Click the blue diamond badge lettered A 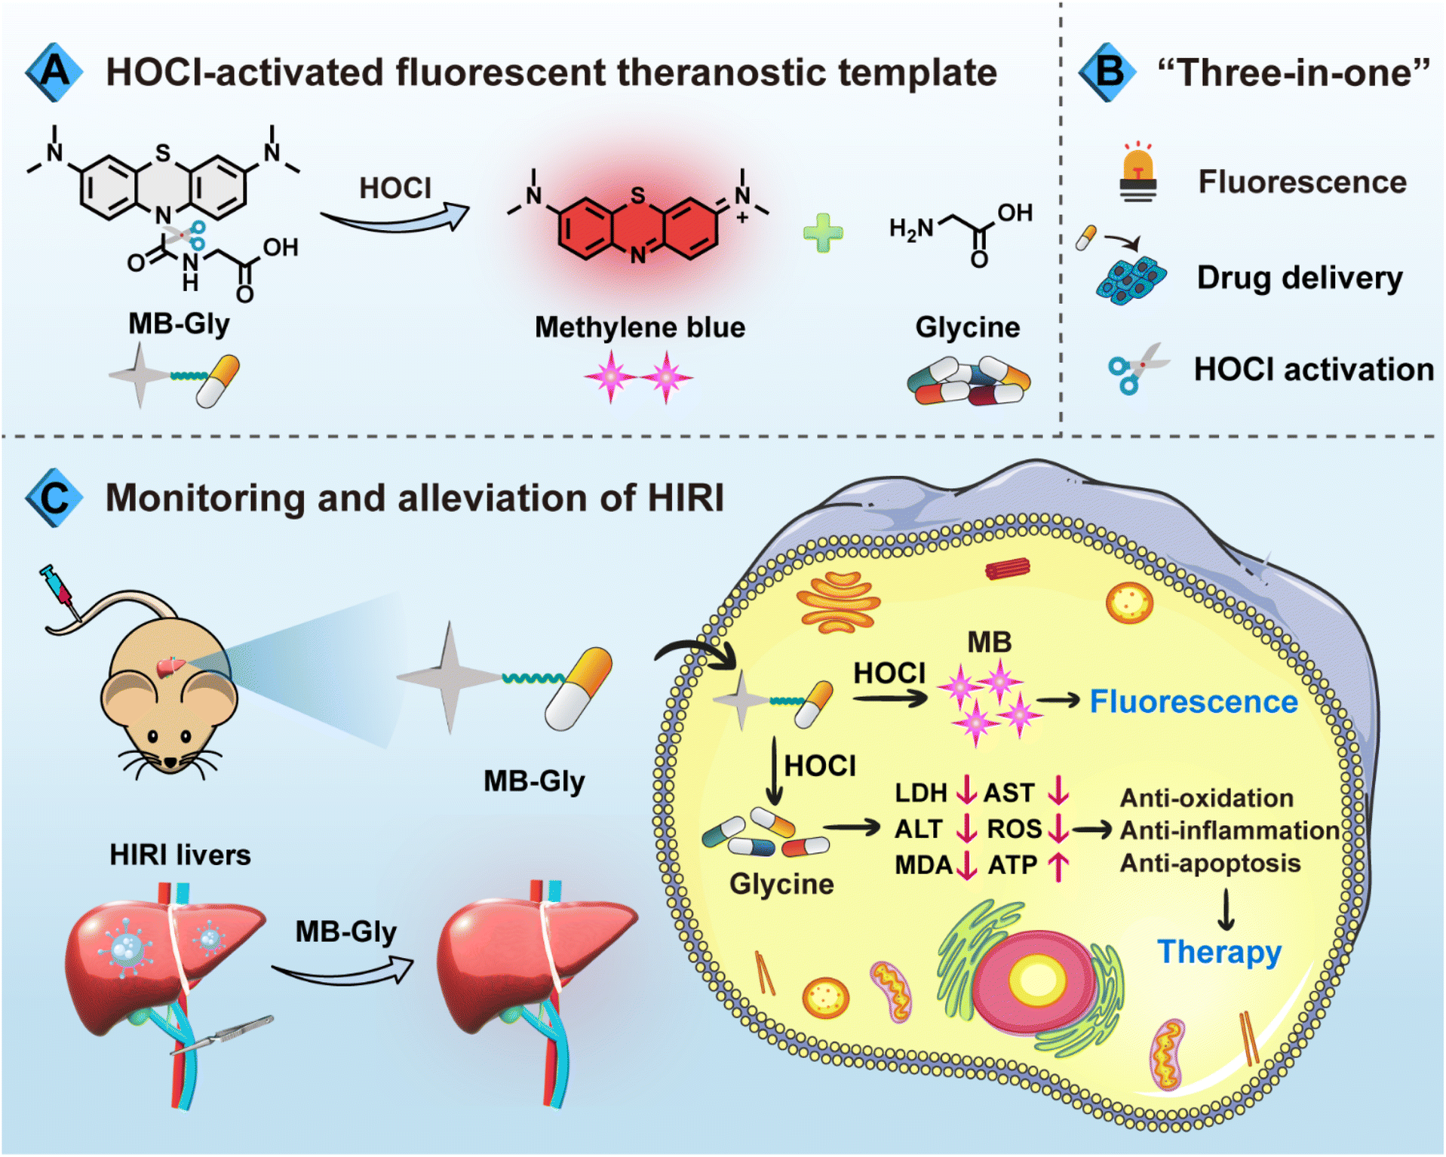tap(54, 72)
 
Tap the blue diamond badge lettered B tap(1107, 72)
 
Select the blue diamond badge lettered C tap(54, 498)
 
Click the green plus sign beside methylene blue tap(823, 232)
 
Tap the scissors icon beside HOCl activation tap(1136, 367)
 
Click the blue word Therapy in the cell tap(1219, 952)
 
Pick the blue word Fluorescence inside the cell tap(1193, 701)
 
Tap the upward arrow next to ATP tap(1059, 866)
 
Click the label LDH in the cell tap(920, 793)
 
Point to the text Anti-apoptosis tap(1210, 863)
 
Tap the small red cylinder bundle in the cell tap(1008, 568)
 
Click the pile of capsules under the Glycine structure tap(968, 382)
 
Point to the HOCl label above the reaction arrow tap(395, 189)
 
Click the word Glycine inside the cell tap(781, 884)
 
